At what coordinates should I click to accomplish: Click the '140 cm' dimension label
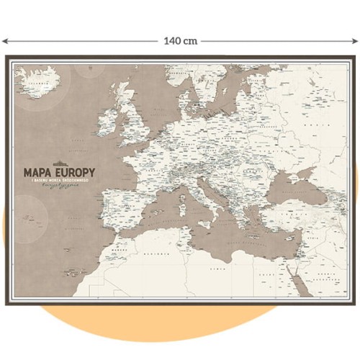(x=180, y=41)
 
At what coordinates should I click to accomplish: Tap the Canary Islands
(x=71, y=272)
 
